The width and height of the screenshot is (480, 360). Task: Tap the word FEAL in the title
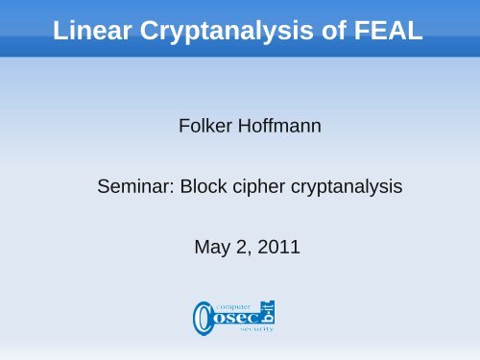coord(389,34)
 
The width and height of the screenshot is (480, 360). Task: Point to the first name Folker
coord(204,126)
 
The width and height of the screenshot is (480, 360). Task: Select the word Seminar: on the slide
coord(132,188)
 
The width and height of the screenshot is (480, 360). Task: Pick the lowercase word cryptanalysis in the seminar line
coord(341,188)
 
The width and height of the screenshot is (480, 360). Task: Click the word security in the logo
coord(256,328)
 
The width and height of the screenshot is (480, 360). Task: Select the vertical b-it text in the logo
coord(269,310)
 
